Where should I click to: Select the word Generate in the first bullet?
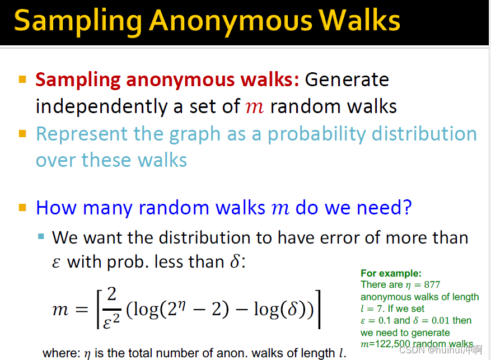(347, 80)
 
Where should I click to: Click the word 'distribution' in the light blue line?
(431, 134)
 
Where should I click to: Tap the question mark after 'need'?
(406, 208)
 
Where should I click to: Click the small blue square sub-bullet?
(41, 236)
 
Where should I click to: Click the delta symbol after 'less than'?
(235, 261)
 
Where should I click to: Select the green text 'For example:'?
(391, 273)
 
